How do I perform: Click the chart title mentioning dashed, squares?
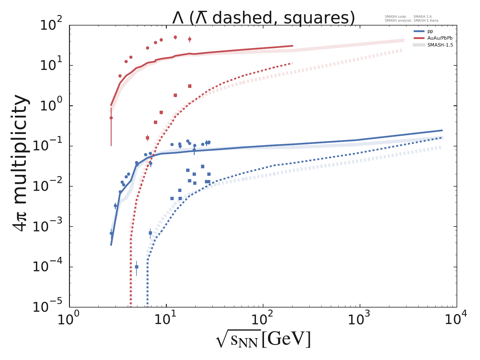pos(263,18)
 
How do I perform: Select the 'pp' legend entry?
pos(430,31)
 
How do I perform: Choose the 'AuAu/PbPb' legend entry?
pos(439,38)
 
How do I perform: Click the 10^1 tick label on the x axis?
pos(166,319)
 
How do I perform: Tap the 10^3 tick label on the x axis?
pos(360,319)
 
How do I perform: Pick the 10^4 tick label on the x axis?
pos(457,319)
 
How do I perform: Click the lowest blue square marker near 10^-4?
pos(136,267)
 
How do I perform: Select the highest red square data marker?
pos(190,86)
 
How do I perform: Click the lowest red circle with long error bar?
pos(111,118)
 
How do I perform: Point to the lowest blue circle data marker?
pos(111,233)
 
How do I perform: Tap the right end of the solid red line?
pos(292,46)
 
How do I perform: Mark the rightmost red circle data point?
pos(190,39)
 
